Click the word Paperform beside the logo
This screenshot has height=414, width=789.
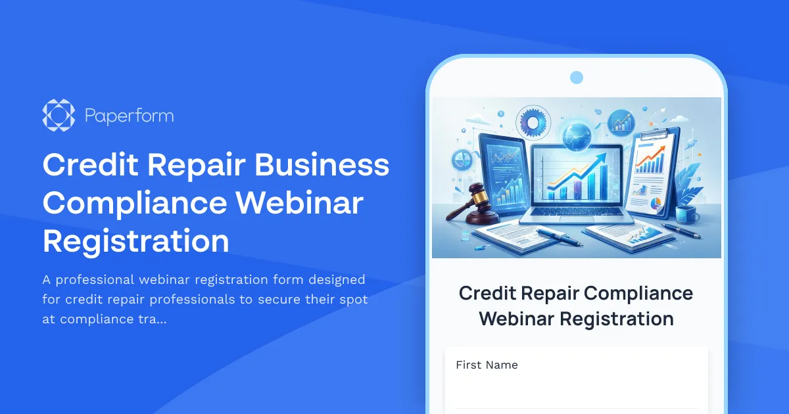(129, 116)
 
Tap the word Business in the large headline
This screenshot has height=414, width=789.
(322, 164)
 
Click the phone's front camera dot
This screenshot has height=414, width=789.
(577, 78)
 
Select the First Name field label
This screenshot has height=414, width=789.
(487, 365)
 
